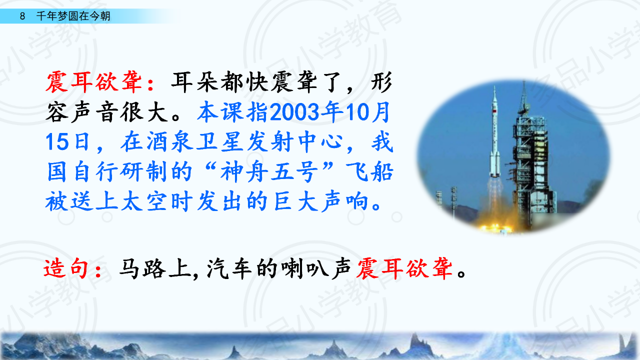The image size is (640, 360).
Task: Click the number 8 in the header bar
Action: [x=22, y=16]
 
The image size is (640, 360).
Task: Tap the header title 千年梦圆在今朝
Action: [x=73, y=16]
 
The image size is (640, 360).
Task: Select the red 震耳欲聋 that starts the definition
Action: [x=94, y=82]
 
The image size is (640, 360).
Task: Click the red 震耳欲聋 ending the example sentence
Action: [x=404, y=268]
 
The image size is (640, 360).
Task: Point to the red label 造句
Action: [x=65, y=268]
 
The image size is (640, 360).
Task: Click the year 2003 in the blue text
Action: [x=294, y=112]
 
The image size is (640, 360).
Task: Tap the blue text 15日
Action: [x=67, y=141]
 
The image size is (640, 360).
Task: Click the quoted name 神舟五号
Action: [x=269, y=172]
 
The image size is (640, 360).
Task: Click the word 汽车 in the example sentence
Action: [x=229, y=268]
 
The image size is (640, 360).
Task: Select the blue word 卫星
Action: [x=220, y=141]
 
